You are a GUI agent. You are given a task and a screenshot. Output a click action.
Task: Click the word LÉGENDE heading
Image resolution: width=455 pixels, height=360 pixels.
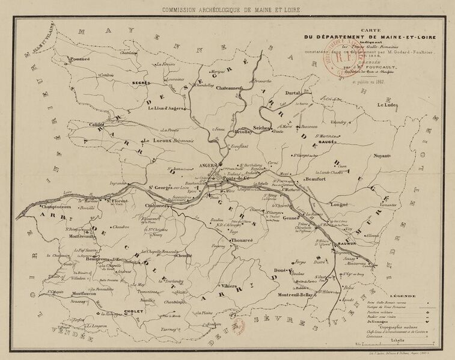click(x=403, y=296)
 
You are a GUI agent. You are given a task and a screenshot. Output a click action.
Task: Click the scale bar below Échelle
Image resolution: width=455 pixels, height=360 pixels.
click(x=397, y=344)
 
